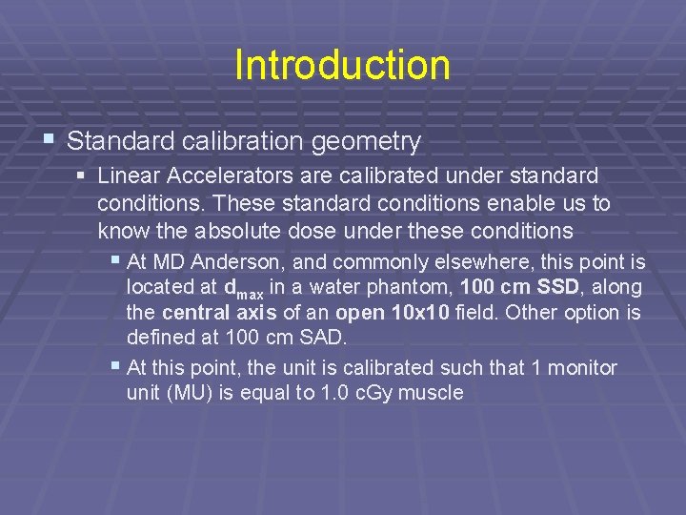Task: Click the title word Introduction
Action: point(342,66)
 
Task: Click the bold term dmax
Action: point(245,288)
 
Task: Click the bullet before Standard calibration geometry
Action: point(50,141)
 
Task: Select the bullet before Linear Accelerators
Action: point(83,176)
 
